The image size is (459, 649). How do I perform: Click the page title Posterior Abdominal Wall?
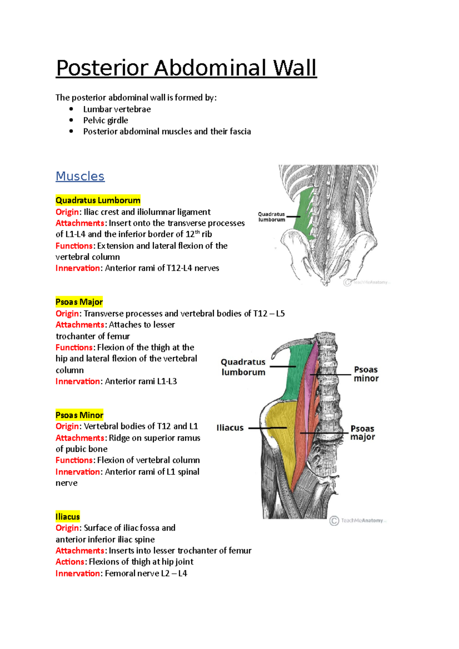pyautogui.click(x=186, y=68)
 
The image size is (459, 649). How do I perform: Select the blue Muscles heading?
pyautogui.click(x=80, y=176)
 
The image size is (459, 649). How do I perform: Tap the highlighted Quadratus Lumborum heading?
pyautogui.click(x=98, y=200)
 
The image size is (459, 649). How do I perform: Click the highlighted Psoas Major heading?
pyautogui.click(x=79, y=302)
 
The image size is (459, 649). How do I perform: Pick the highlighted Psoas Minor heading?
pyautogui.click(x=80, y=415)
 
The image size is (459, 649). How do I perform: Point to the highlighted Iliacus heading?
pyautogui.click(x=68, y=517)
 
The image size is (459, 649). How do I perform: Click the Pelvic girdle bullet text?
pyautogui.click(x=106, y=120)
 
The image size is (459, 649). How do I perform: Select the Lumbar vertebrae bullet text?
pyautogui.click(x=117, y=109)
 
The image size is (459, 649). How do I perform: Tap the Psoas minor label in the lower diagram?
pyautogui.click(x=366, y=374)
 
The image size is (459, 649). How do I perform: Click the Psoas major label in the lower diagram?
pyautogui.click(x=363, y=433)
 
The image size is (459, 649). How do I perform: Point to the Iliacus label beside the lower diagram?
pyautogui.click(x=230, y=428)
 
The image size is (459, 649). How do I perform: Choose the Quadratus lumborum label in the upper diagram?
pyautogui.click(x=272, y=217)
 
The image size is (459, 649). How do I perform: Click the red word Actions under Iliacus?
pyautogui.click(x=70, y=562)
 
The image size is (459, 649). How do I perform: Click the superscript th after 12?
pyautogui.click(x=197, y=232)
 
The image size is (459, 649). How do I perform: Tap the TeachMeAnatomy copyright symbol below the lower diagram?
pyautogui.click(x=334, y=521)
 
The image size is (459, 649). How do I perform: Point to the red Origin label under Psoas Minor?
pyautogui.click(x=67, y=427)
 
